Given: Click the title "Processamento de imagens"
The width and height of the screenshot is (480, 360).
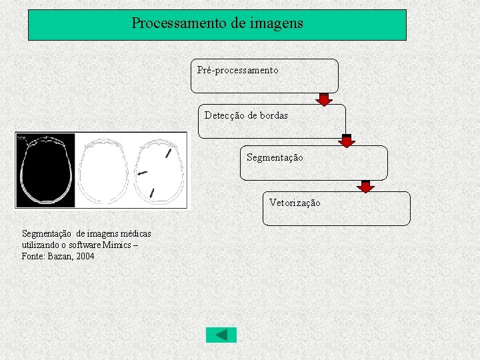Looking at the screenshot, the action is [x=217, y=23].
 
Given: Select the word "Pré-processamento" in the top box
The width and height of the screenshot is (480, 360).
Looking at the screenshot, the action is [x=238, y=70].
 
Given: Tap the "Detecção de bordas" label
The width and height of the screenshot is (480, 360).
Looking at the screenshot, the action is [x=246, y=115].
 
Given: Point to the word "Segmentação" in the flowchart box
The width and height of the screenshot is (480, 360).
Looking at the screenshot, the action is [x=274, y=157].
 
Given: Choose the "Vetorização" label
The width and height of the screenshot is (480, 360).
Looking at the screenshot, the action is [x=295, y=203].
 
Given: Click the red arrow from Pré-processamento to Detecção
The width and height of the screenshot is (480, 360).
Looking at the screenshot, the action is [x=324, y=99].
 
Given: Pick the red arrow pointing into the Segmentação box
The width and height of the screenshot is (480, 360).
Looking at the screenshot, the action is [x=347, y=141].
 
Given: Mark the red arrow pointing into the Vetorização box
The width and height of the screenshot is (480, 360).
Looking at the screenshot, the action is [x=365, y=186].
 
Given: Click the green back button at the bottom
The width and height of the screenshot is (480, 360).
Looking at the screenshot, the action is [x=221, y=335].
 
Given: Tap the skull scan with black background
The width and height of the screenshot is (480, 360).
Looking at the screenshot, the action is [x=45, y=171].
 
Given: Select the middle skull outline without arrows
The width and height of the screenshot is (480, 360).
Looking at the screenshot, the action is [x=102, y=171].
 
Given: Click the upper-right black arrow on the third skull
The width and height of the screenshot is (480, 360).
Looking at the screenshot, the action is [x=168, y=154].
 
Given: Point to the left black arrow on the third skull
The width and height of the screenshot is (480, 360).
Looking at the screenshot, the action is [x=142, y=173].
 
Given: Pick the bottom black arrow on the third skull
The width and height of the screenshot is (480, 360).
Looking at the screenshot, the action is [x=153, y=193].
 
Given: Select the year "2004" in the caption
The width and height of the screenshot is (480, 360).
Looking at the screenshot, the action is [x=85, y=257].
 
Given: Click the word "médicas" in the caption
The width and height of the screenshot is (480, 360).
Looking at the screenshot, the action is [x=136, y=234].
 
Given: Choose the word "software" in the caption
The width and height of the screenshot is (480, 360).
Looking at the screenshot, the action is [x=77, y=245].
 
